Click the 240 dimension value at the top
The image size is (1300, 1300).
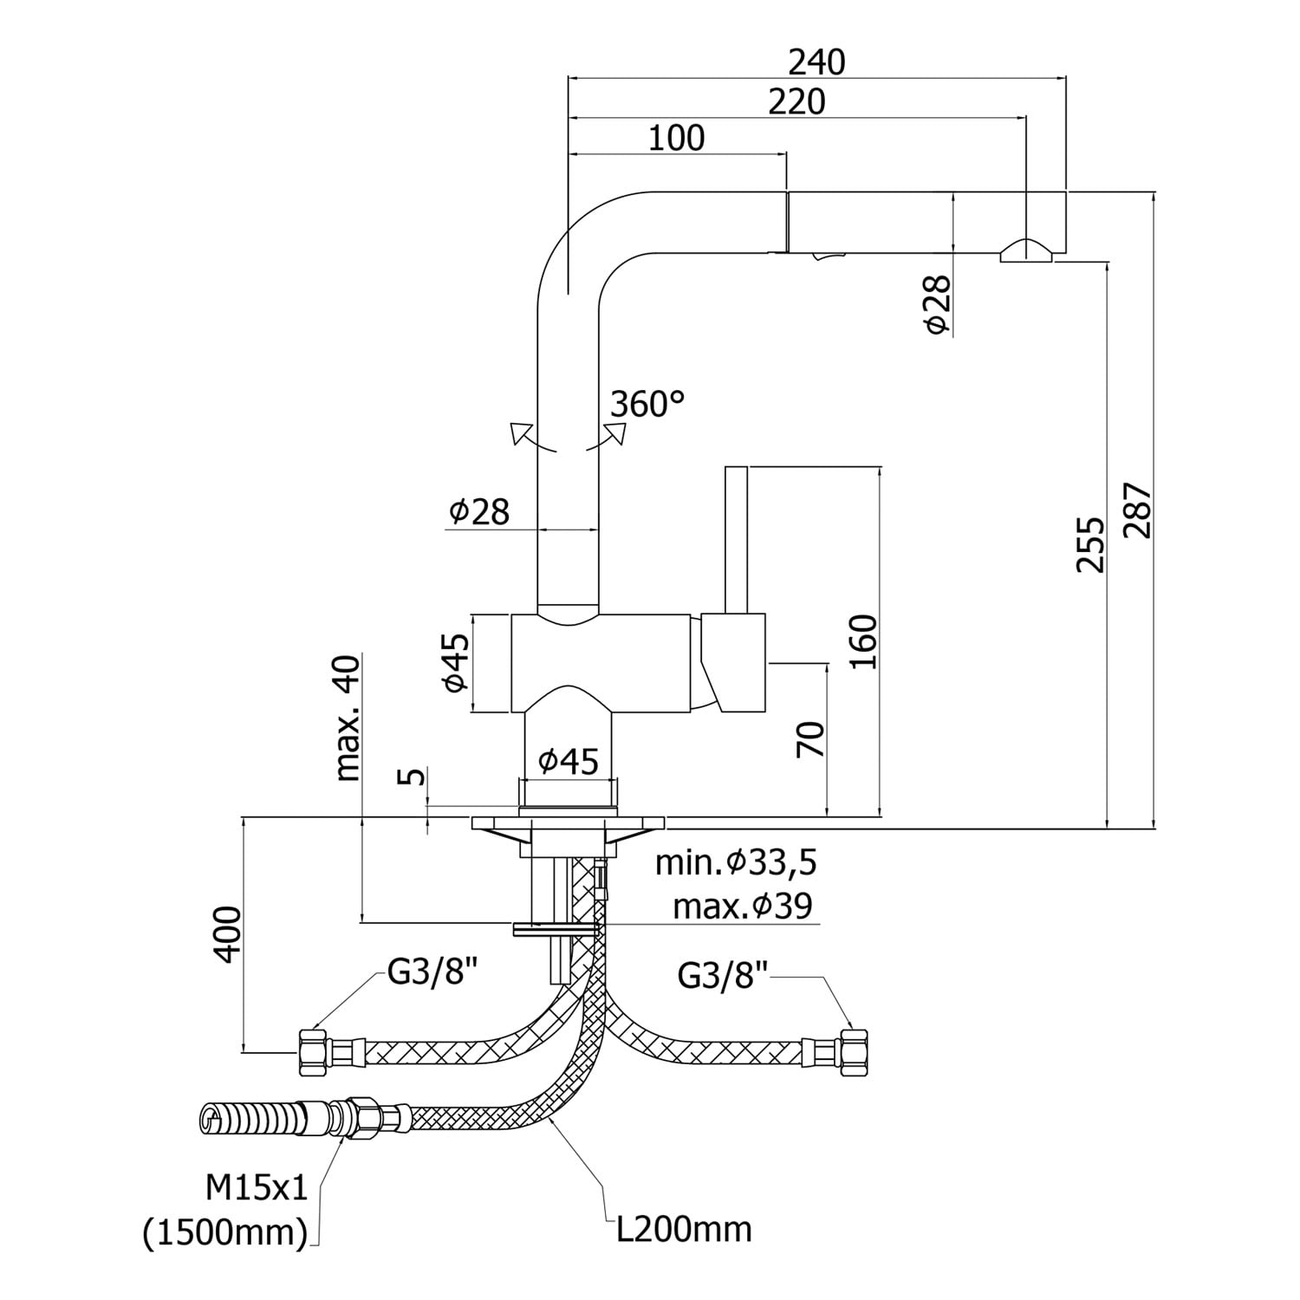pos(816,62)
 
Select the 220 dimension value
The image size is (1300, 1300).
pos(797,102)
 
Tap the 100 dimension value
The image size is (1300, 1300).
pos(677,139)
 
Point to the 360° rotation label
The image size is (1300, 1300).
pos(647,404)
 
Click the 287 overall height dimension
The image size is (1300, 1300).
pos(1137,510)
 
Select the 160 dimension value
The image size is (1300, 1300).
pos(863,641)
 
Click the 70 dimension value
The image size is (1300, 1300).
pos(812,739)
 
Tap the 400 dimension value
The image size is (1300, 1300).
pos(227,933)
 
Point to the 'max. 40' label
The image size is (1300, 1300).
pos(347,718)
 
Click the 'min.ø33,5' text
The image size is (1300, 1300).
pos(736,862)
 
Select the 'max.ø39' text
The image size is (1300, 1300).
pos(743,907)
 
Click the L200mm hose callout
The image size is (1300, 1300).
pos(684,1229)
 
